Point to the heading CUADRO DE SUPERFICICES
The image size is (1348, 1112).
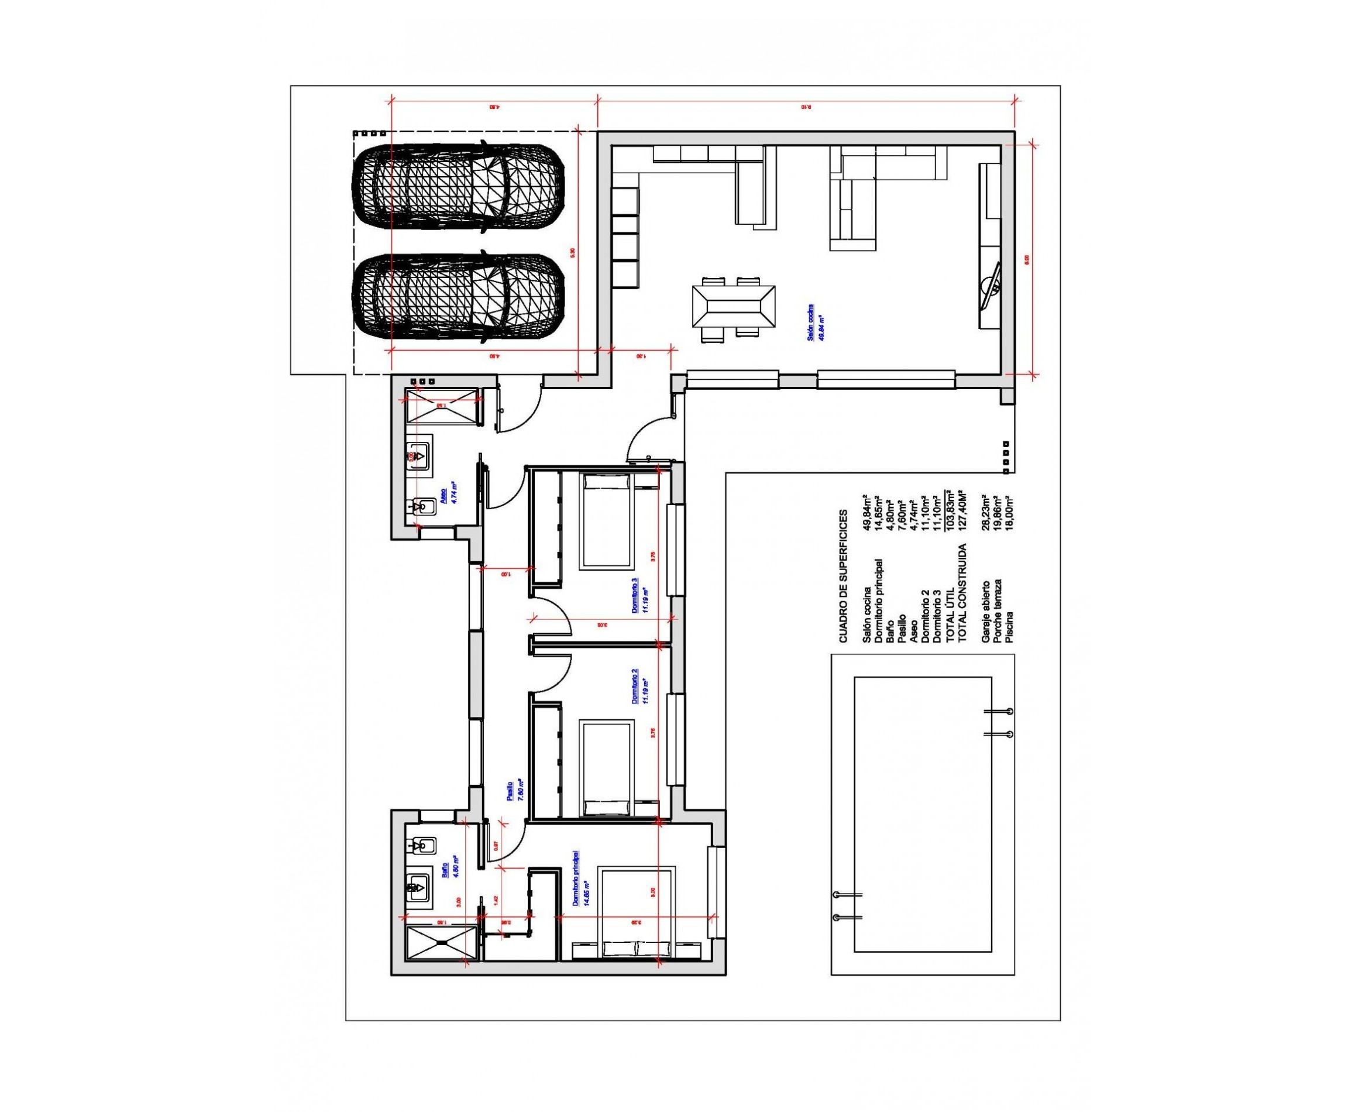click(842, 575)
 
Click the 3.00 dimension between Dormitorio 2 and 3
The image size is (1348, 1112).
click(601, 622)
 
